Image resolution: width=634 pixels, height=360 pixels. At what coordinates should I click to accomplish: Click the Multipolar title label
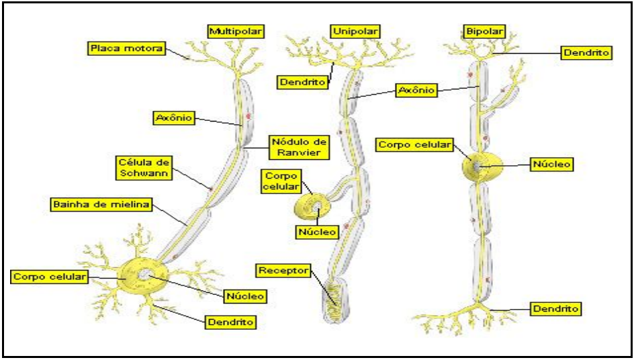click(235, 32)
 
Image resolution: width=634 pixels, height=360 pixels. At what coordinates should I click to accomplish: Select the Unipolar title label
click(355, 32)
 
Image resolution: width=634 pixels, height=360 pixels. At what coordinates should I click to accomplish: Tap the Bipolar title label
click(484, 32)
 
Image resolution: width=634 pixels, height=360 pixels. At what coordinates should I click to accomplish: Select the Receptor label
click(283, 271)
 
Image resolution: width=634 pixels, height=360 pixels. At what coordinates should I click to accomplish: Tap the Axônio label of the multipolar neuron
click(173, 118)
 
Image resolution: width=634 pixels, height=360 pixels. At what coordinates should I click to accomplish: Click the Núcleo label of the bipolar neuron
click(552, 164)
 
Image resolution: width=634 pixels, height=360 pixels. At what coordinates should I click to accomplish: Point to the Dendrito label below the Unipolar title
click(303, 82)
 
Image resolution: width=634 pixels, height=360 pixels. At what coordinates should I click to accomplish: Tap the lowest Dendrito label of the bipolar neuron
click(555, 309)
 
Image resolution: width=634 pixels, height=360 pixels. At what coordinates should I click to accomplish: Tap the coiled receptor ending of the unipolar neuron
click(334, 296)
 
